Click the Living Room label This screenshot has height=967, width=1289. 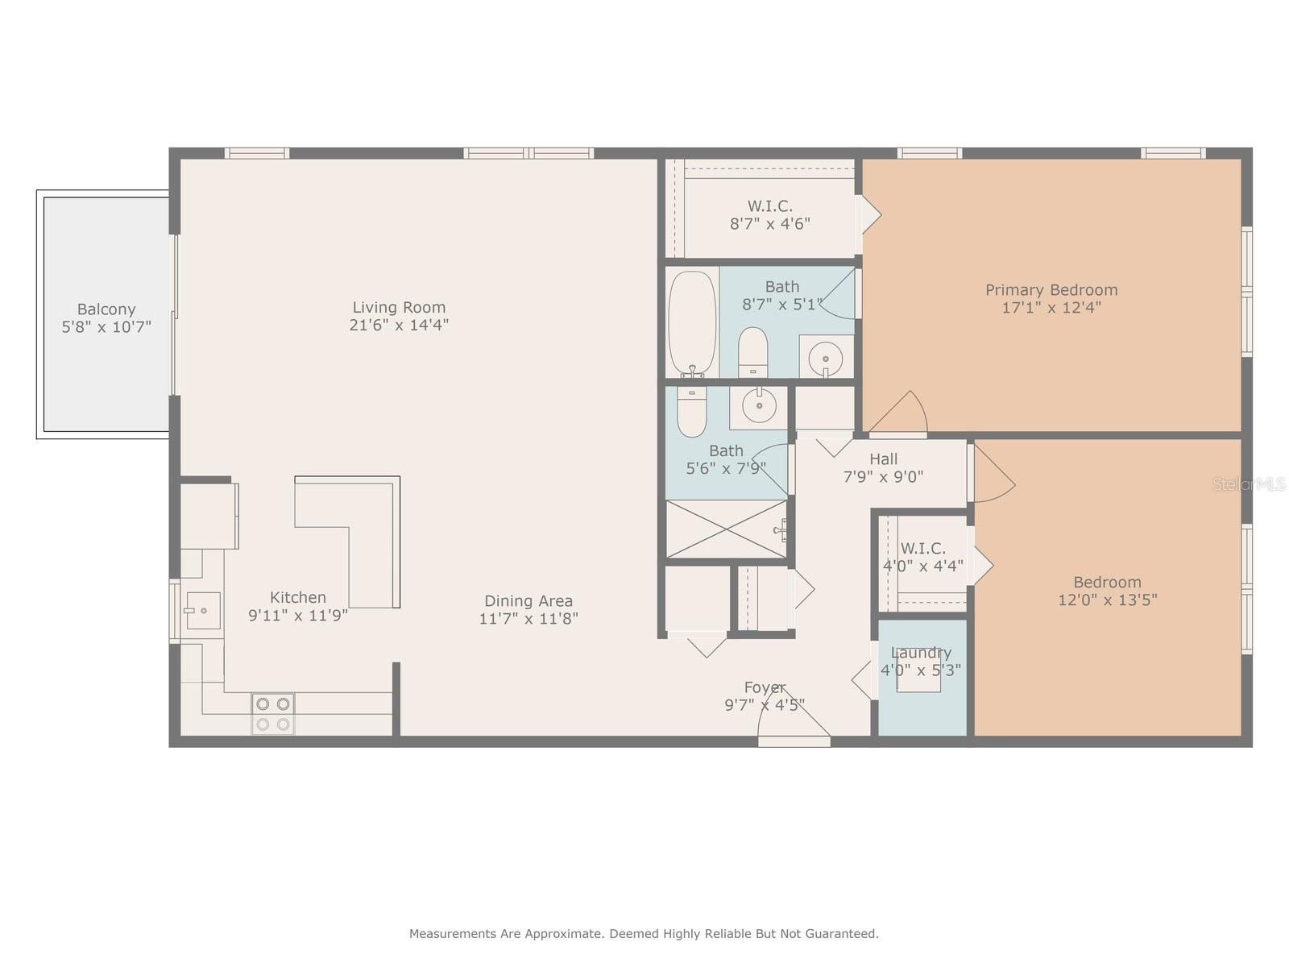(399, 307)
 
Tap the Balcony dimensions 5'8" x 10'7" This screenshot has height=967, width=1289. (107, 327)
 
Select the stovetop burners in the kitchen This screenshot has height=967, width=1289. (273, 713)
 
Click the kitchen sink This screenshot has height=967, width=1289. (203, 611)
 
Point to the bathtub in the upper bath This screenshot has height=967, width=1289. (692, 323)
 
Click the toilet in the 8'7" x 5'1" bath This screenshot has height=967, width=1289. (752, 351)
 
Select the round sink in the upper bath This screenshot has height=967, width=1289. (825, 358)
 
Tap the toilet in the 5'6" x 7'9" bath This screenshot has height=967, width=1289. (692, 410)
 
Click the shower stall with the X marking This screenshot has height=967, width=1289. (727, 529)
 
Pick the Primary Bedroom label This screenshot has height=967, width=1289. (1051, 290)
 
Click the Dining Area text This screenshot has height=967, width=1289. (528, 600)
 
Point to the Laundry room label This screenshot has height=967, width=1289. (921, 653)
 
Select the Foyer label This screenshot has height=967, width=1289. (765, 687)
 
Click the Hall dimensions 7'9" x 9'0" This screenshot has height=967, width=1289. (883, 477)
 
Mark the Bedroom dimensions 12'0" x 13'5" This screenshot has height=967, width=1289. (1108, 600)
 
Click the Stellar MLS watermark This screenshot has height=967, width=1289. (1249, 483)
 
